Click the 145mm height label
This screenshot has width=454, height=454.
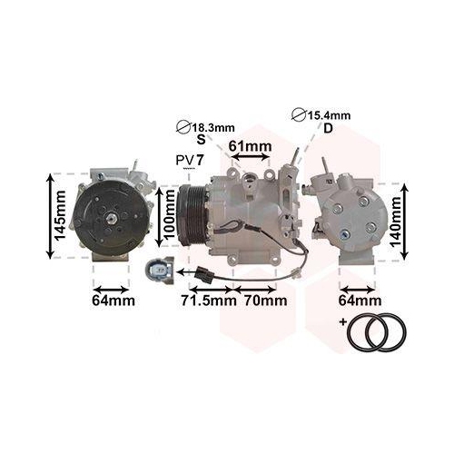coord(59,215)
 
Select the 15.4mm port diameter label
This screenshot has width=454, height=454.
coord(330,115)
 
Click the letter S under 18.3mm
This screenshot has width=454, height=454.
coord(201,141)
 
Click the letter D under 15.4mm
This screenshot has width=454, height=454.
coord(328,129)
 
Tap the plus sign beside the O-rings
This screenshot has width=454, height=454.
coord(342,322)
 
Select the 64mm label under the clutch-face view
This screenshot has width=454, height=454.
coord(113,300)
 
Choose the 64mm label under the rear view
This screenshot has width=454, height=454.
coord(360,300)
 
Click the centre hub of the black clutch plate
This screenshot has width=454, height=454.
coord(108,217)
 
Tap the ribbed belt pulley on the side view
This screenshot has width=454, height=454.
coord(192,218)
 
